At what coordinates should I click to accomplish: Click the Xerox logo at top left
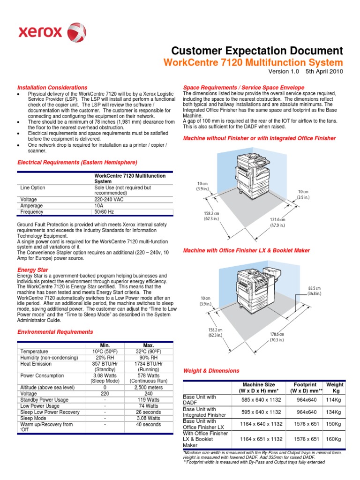(52, 32)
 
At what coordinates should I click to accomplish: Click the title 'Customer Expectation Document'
(257, 51)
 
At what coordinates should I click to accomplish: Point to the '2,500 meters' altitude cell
(149, 387)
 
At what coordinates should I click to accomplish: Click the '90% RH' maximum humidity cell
(149, 358)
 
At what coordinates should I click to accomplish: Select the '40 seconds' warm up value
(149, 424)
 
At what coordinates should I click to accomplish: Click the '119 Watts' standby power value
(149, 399)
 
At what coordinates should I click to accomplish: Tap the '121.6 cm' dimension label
(277, 222)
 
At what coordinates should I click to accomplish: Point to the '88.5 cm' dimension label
(315, 291)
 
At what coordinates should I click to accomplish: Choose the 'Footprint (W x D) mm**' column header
(307, 387)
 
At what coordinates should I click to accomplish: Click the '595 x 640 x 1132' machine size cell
(261, 412)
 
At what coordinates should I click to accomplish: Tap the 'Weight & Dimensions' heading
(211, 371)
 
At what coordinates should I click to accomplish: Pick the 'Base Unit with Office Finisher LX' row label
(200, 424)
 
